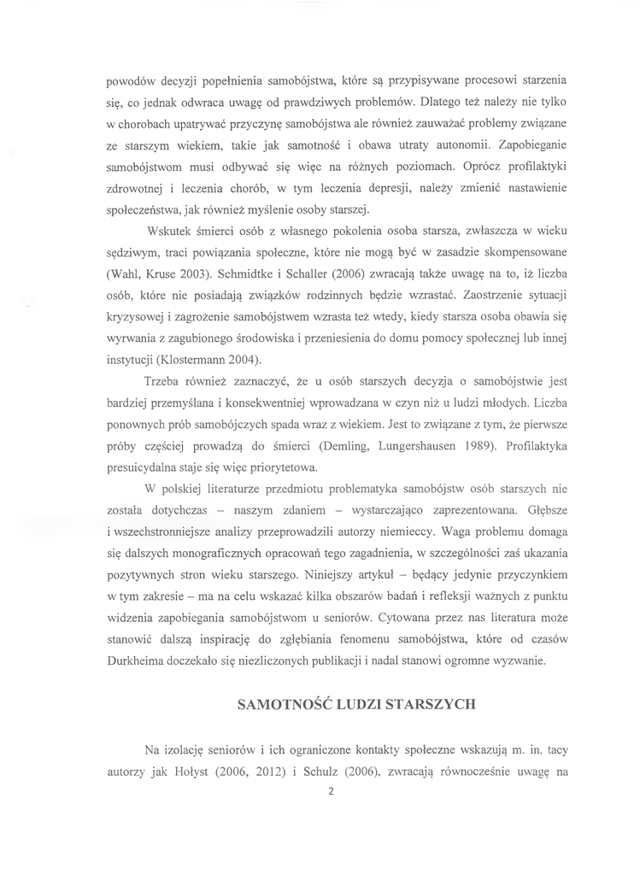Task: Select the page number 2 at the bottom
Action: pos(330,790)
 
